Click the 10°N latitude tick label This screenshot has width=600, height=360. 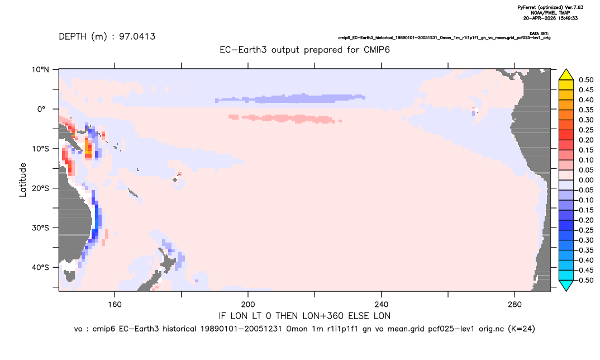click(x=41, y=70)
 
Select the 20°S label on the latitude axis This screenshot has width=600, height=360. click(x=41, y=188)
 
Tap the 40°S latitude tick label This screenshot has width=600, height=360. click(x=41, y=267)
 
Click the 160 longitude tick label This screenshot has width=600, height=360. click(x=115, y=305)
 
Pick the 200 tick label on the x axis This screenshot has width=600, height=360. click(x=248, y=305)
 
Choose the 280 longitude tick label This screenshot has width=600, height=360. click(x=515, y=305)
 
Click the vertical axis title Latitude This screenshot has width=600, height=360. click(x=23, y=180)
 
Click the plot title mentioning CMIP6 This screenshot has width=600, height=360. click(x=304, y=50)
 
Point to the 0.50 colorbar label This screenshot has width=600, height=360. click(x=586, y=80)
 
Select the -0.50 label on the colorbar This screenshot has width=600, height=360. click(x=584, y=280)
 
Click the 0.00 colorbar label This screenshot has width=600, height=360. click(x=586, y=181)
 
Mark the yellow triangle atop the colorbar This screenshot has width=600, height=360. click(x=566, y=74)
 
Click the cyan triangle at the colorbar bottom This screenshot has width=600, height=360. click(x=566, y=286)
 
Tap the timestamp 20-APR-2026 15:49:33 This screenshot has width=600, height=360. click(x=551, y=18)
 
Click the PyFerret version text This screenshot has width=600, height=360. click(x=551, y=7)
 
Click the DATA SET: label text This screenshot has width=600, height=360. click(x=539, y=34)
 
